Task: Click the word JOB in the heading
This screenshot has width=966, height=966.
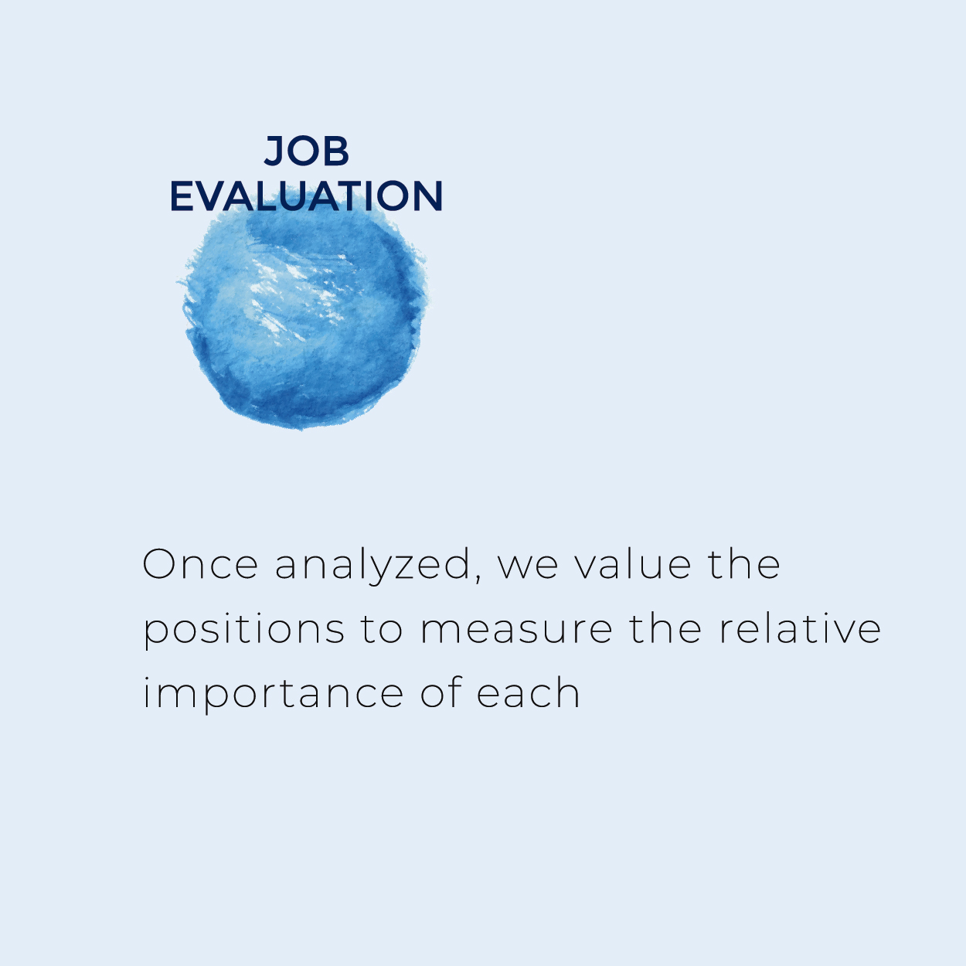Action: pyautogui.click(x=306, y=151)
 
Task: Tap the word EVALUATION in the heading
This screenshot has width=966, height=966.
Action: pyautogui.click(x=307, y=196)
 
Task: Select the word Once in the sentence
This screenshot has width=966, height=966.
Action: pyautogui.click(x=200, y=564)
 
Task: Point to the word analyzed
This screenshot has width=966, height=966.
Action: pyautogui.click(x=373, y=565)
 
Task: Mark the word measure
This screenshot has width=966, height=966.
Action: pyautogui.click(x=515, y=631)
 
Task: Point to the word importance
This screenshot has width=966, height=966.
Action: pyautogui.click(x=274, y=693)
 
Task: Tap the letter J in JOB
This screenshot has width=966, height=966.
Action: pyautogui.click(x=274, y=151)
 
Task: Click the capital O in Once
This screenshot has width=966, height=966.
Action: pyautogui.click(x=160, y=564)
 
